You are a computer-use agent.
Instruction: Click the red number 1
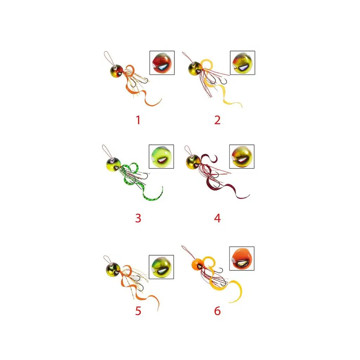[x=138, y=120]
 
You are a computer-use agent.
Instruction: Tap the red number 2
[x=217, y=120]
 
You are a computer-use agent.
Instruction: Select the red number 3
[x=138, y=218]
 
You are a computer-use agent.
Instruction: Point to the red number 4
[x=217, y=218]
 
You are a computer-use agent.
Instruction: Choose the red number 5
[x=138, y=311]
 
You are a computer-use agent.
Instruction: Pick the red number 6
[x=217, y=311]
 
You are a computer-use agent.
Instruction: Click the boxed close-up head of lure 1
[x=162, y=63]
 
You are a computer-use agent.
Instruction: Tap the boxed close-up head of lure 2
[x=243, y=63]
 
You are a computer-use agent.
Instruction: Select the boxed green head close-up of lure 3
[x=161, y=156]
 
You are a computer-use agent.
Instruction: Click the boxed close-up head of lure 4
[x=242, y=156]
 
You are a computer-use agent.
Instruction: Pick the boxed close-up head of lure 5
[x=161, y=267]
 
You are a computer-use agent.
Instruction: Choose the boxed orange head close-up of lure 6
[x=242, y=258]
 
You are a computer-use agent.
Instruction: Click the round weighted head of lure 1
[x=116, y=71]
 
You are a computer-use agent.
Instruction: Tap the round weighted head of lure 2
[x=195, y=69]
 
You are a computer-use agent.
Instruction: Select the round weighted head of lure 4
[x=193, y=162]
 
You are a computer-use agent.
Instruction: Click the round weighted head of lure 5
[x=113, y=270]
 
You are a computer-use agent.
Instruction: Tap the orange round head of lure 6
[x=198, y=264]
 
